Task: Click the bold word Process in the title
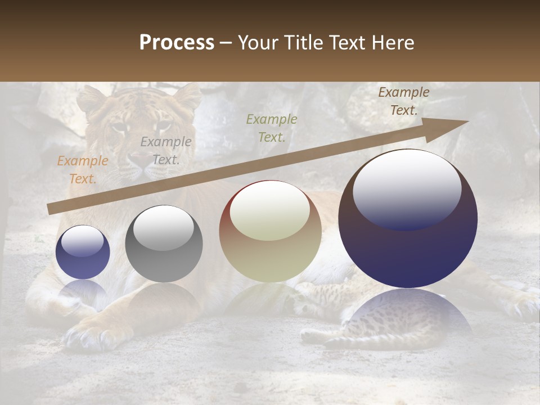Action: pyautogui.click(x=177, y=42)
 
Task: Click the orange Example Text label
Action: pyautogui.click(x=82, y=170)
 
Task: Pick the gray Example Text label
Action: pyautogui.click(x=165, y=151)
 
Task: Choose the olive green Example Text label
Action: pyautogui.click(x=272, y=128)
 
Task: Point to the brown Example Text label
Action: pyautogui.click(x=403, y=101)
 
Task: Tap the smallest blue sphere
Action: pyautogui.click(x=83, y=252)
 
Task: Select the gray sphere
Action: pyautogui.click(x=164, y=244)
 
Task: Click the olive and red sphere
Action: pyautogui.click(x=270, y=232)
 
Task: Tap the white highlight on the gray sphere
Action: pyautogui.click(x=164, y=227)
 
